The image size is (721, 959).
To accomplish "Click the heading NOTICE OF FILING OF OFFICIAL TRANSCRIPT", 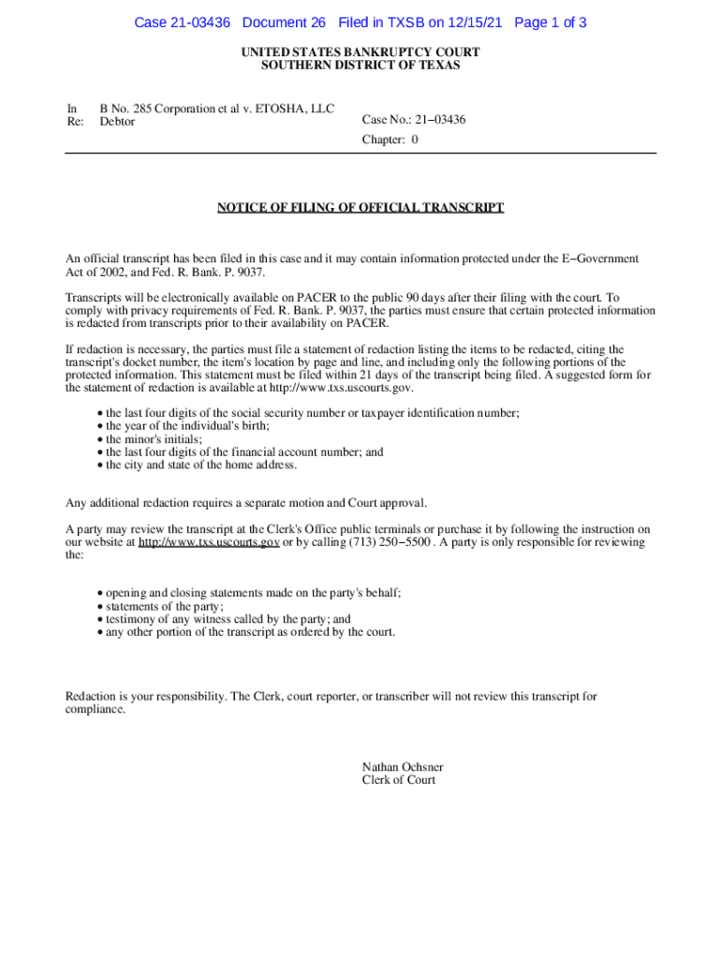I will click(x=360, y=207).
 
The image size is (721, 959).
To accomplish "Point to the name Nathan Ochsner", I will click(x=403, y=767).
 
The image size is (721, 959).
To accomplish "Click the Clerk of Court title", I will click(x=399, y=780).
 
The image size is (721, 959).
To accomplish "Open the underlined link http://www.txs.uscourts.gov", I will click(x=209, y=542).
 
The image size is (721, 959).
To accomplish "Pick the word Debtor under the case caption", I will click(x=118, y=122).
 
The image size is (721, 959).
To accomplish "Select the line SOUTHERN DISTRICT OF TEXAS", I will click(x=360, y=66).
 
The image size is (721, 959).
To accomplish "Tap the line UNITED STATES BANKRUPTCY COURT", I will click(x=360, y=52).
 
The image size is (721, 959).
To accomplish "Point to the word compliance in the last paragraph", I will click(x=95, y=710).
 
